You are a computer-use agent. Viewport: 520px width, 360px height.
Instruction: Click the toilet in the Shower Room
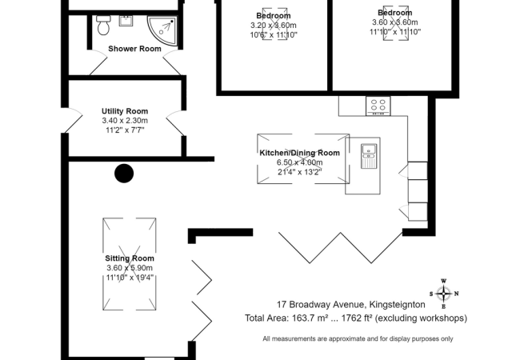point(102,26)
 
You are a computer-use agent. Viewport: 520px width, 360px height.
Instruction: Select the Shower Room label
point(134,49)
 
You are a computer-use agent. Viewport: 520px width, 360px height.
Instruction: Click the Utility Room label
point(125,111)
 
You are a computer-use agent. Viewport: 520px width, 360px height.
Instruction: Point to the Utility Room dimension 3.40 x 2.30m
point(125,120)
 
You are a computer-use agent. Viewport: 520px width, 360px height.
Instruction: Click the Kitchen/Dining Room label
point(300,153)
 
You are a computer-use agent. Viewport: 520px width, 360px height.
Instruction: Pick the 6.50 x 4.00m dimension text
point(300,162)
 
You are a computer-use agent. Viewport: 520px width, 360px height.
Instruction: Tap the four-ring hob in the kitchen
point(377,105)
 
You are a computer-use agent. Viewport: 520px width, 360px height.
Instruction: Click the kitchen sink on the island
point(370,154)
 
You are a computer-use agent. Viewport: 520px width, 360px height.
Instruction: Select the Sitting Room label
point(129,258)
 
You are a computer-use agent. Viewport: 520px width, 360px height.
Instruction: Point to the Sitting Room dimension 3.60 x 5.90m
point(129,268)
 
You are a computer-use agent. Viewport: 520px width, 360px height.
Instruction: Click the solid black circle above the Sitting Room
point(124,173)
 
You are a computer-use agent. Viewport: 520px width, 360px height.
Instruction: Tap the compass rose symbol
point(445,293)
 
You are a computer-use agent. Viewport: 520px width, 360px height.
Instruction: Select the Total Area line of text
point(356,318)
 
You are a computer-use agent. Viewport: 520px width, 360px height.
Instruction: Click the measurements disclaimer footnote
point(357,339)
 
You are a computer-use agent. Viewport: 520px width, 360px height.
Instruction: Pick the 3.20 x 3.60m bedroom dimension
point(274,25)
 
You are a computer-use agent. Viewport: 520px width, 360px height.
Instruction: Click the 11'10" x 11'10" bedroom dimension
point(394,32)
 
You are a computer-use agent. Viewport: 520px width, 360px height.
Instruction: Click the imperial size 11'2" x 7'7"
point(125,130)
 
